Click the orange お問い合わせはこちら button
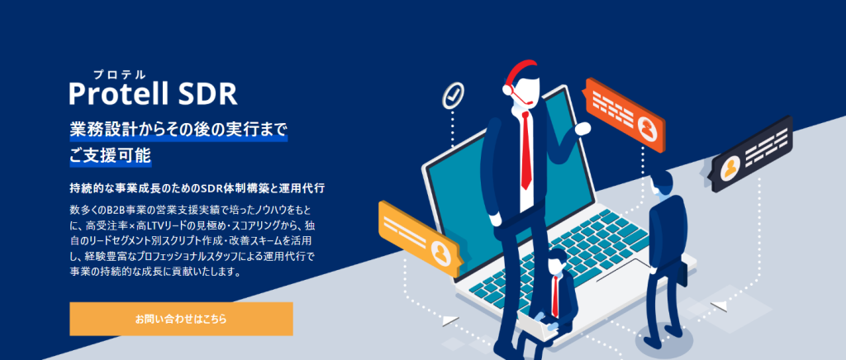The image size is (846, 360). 181,318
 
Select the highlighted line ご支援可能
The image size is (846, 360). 110,154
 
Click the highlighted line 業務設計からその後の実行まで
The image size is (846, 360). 178,130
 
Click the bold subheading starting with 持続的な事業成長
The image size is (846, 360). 197,188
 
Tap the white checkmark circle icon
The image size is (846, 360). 452,93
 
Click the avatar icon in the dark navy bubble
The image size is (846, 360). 730,170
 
